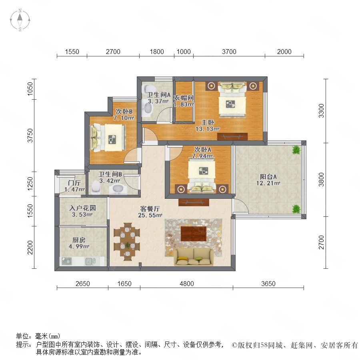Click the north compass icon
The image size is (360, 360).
pos(20,20)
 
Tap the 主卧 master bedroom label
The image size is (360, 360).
pos(208,122)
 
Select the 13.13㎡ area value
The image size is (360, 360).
pos(208,129)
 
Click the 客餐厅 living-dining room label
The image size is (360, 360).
pos(150,209)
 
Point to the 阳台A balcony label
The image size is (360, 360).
pos(268,176)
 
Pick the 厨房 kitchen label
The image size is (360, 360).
pos(79,240)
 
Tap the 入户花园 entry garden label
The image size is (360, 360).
pos(83,208)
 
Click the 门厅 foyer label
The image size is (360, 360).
pos(74,183)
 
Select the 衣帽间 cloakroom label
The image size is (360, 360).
pos(184,98)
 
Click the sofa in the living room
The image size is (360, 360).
pos(194,257)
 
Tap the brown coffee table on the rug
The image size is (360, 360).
pos(194,234)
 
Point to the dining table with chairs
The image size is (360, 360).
pos(127,242)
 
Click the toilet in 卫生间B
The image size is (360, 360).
pos(95,186)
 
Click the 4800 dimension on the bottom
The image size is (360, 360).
pos(187,284)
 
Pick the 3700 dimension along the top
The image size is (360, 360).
pos(229,52)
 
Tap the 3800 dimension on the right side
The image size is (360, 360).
pos(322,180)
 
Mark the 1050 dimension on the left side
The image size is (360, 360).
pos(30,89)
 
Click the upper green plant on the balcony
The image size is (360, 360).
pos(296,150)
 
